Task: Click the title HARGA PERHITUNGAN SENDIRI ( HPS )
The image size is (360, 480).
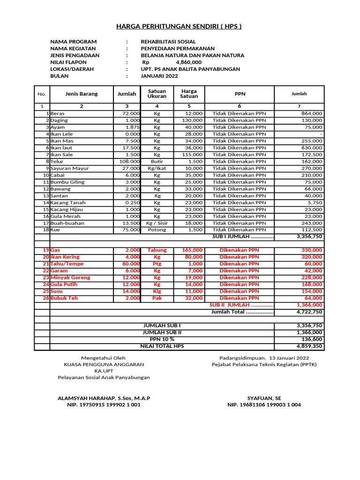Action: [179, 26]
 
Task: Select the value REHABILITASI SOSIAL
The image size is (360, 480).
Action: [168, 42]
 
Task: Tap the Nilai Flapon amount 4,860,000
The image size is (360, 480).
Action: [188, 62]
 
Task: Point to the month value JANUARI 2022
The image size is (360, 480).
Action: [159, 75]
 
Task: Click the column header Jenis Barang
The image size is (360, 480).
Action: [82, 94]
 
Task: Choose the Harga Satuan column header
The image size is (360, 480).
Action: [189, 94]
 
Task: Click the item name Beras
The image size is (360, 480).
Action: [58, 113]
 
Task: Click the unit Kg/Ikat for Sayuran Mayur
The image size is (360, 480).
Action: [157, 168]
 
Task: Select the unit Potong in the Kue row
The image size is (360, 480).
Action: [157, 230]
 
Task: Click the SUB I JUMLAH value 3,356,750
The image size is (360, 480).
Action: [309, 237]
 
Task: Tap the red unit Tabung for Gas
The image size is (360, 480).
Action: [157, 250]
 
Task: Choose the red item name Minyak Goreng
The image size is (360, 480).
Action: [70, 277]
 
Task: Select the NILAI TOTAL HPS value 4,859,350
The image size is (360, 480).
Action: [309, 346]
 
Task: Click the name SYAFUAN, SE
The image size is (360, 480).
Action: [264, 398]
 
